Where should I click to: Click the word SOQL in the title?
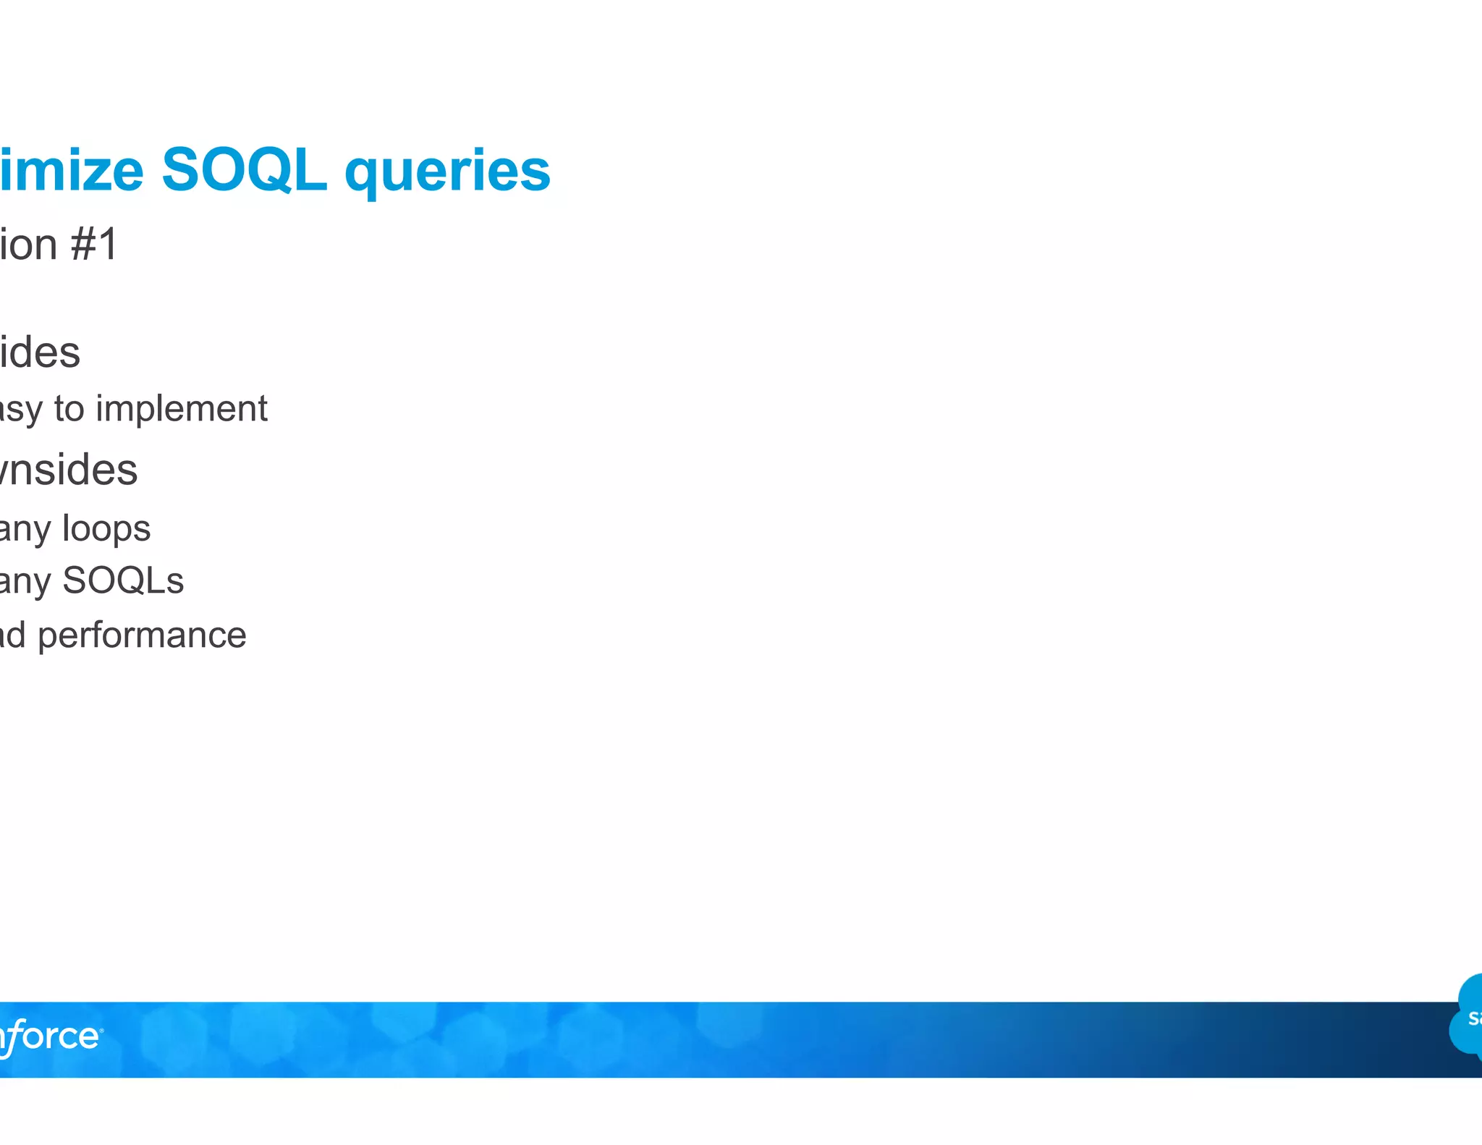[244, 170]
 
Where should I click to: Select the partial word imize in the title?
[72, 170]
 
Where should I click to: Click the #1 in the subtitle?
[94, 245]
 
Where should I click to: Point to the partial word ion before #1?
[29, 245]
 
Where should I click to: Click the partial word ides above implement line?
[40, 352]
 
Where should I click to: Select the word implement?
[182, 410]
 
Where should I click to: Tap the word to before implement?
[69, 410]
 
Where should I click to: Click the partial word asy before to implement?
[22, 410]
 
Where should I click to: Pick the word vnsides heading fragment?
[69, 470]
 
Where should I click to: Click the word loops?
[106, 529]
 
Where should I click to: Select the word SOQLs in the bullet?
[123, 581]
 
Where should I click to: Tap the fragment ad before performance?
[13, 635]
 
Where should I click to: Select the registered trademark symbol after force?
[101, 1030]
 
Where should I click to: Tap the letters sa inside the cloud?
[1474, 1018]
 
